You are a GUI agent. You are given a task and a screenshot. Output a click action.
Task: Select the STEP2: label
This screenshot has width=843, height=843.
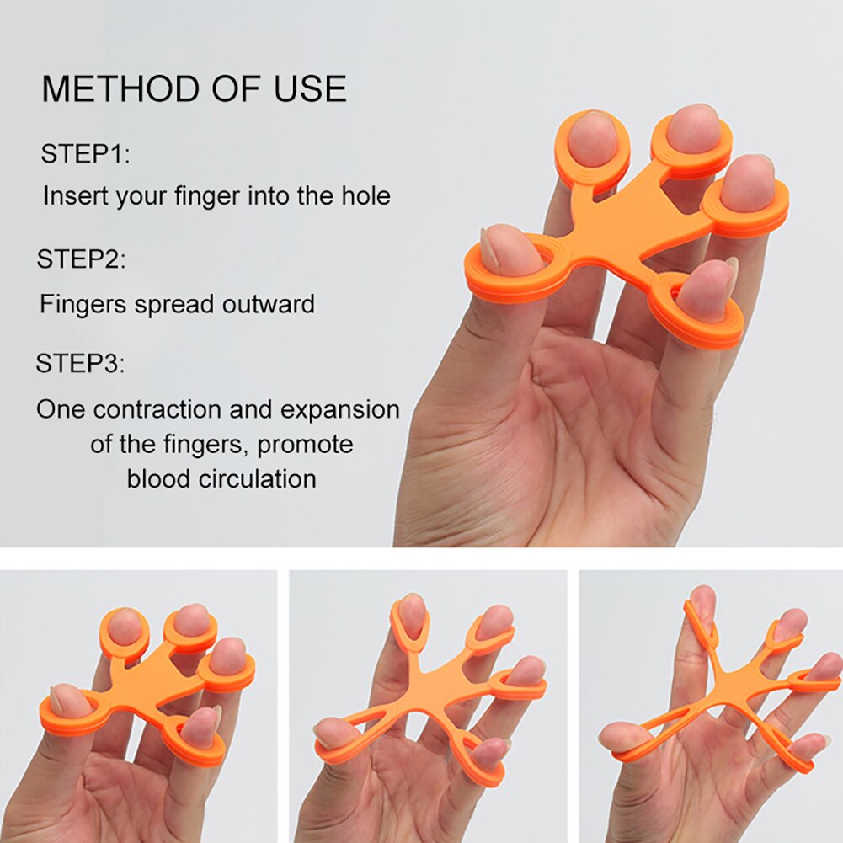81,259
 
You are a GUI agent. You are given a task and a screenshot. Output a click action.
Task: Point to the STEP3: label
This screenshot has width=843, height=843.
80,365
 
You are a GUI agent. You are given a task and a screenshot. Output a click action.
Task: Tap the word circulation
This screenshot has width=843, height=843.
257,479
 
